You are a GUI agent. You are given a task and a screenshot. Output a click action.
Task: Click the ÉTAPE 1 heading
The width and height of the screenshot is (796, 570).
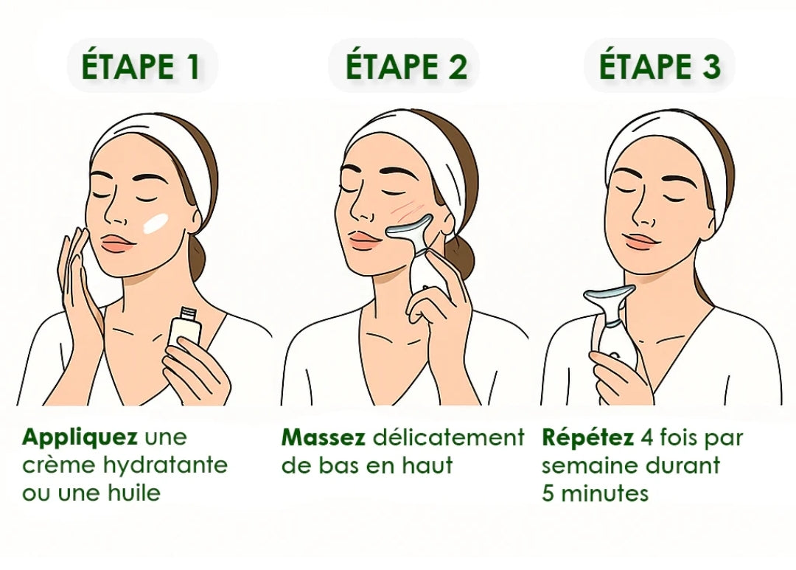coord(141,66)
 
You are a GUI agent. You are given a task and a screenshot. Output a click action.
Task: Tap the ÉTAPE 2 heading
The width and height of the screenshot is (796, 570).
coord(406,66)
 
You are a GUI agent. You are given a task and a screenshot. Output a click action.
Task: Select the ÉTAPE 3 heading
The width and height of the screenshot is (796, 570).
coord(660,66)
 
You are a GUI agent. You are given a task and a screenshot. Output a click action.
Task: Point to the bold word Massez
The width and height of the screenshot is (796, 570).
coord(324,437)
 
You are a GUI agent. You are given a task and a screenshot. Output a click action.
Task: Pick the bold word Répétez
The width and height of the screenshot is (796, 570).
coord(588,437)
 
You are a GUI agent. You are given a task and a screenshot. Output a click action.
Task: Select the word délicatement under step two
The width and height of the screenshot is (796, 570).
coord(449,437)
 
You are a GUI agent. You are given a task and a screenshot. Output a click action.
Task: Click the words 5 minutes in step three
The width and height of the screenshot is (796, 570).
coord(595,493)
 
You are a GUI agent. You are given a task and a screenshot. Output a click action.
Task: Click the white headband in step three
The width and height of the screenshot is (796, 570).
coord(666,145)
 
